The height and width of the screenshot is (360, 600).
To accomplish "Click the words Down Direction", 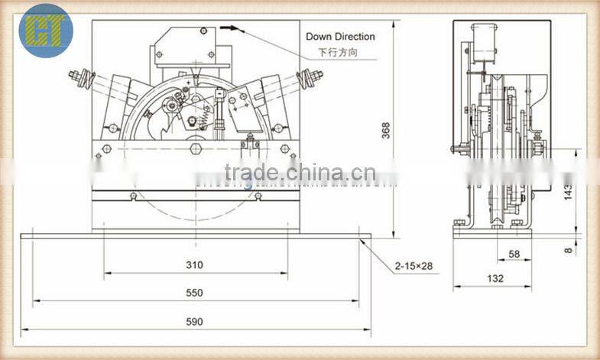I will point(340,36).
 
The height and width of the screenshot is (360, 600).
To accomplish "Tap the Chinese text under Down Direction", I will point(337,53).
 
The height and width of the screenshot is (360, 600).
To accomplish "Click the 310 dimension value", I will point(194,265).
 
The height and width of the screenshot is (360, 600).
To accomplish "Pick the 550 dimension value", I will point(194,293).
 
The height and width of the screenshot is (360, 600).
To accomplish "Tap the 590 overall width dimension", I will point(194,322).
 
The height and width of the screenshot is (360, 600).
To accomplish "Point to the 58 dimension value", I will point(514,253).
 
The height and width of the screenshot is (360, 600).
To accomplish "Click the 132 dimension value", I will point(495,279).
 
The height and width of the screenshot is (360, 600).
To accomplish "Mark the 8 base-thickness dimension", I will point(569,248).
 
